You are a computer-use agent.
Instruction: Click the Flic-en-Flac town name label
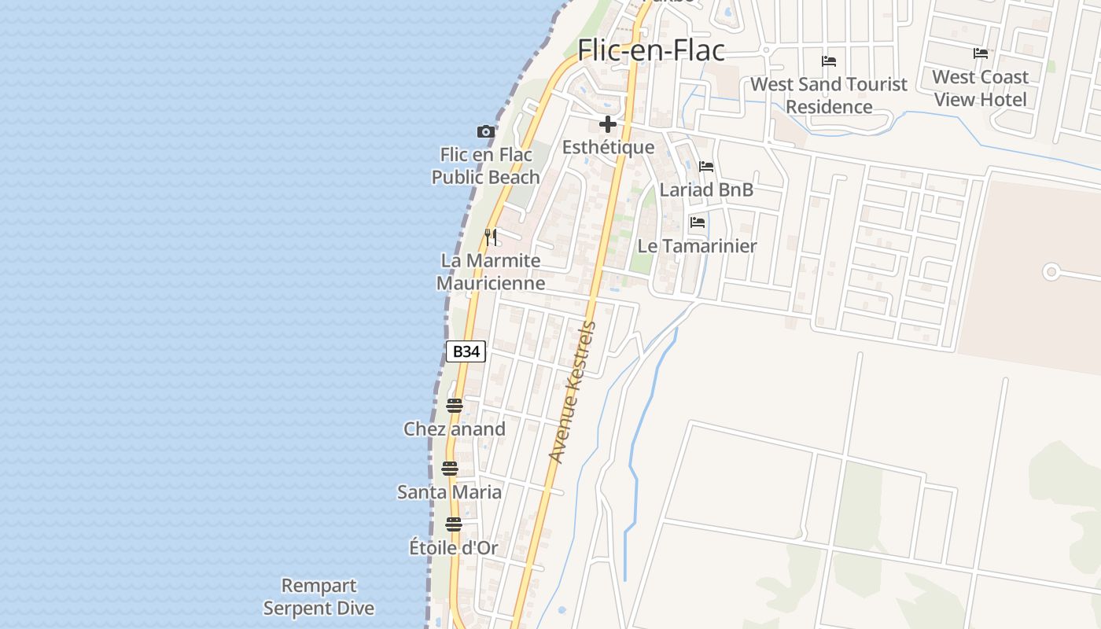click(x=651, y=50)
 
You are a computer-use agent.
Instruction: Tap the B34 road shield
click(x=466, y=351)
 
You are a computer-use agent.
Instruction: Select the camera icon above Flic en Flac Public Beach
click(x=486, y=131)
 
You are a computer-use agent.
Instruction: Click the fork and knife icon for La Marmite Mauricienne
click(x=492, y=237)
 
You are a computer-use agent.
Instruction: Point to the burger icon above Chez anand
click(x=455, y=406)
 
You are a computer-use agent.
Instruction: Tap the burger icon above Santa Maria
click(x=450, y=469)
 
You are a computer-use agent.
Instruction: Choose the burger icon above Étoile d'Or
click(x=454, y=524)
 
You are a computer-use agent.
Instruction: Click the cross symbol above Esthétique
click(x=607, y=124)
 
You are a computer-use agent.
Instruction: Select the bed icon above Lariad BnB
click(x=706, y=167)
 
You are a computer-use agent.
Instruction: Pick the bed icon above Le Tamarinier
click(x=698, y=223)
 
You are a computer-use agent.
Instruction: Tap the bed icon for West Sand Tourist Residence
click(x=829, y=61)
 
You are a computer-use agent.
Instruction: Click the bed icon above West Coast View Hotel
click(x=981, y=53)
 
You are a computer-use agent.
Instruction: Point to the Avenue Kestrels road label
click(x=573, y=392)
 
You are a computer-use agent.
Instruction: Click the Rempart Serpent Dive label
click(x=319, y=597)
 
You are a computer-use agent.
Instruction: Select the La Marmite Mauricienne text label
click(x=491, y=271)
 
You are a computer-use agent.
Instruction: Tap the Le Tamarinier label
click(x=697, y=246)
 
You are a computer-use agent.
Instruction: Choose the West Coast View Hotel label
click(x=981, y=88)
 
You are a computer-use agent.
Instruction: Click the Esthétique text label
click(x=608, y=147)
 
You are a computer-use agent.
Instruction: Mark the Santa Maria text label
click(x=449, y=492)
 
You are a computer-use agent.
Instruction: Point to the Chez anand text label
click(x=455, y=429)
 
